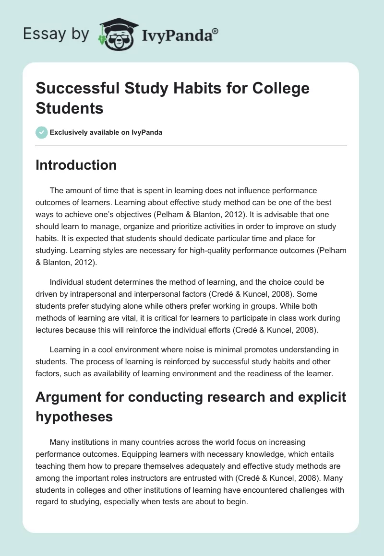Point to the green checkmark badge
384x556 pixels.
42,132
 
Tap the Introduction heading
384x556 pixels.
76,165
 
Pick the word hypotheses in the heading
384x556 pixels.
74,417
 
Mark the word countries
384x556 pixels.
169,441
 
